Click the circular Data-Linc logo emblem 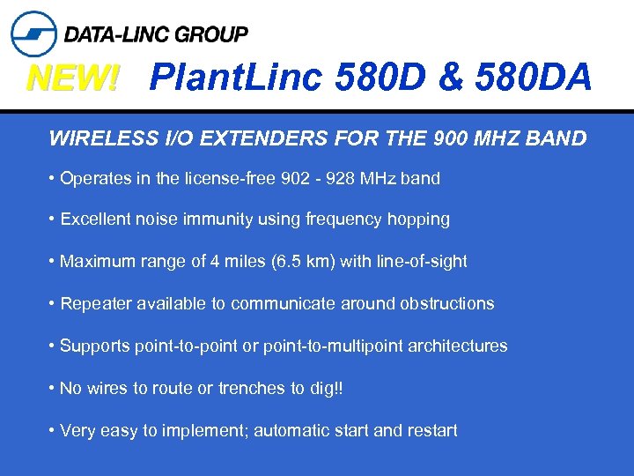33,33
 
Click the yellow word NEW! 72,79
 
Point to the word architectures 463,346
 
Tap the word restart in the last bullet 431,431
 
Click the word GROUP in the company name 211,34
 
